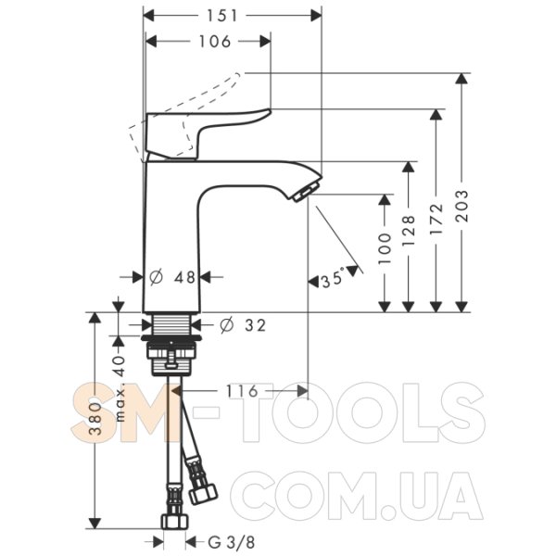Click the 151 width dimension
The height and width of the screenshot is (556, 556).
pyautogui.click(x=222, y=16)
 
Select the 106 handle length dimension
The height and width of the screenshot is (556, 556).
pyautogui.click(x=215, y=42)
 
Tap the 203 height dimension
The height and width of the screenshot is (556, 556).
pyautogui.click(x=461, y=206)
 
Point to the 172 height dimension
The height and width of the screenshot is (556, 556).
pyautogui.click(x=436, y=219)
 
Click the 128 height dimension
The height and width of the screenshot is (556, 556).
pyautogui.click(x=409, y=231)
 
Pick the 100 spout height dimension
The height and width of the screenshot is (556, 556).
pyautogui.click(x=385, y=248)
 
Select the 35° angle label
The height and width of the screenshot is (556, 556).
pyautogui.click(x=333, y=279)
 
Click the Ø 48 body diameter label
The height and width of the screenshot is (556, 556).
pyautogui.click(x=172, y=277)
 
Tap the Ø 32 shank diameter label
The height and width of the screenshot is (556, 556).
pyautogui.click(x=243, y=325)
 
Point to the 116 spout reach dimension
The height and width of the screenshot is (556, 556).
pyautogui.click(x=242, y=391)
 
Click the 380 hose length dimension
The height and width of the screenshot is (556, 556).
pyautogui.click(x=95, y=419)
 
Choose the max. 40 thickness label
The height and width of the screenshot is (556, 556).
pyautogui.click(x=120, y=388)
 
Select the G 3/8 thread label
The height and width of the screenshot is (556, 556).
pyautogui.click(x=231, y=542)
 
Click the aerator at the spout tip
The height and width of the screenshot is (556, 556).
pyautogui.click(x=304, y=192)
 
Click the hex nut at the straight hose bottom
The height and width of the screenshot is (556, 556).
pyautogui.click(x=174, y=522)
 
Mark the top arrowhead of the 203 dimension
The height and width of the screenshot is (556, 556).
pyautogui.click(x=461, y=79)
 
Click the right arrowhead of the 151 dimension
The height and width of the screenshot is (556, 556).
pyautogui.click(x=316, y=16)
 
